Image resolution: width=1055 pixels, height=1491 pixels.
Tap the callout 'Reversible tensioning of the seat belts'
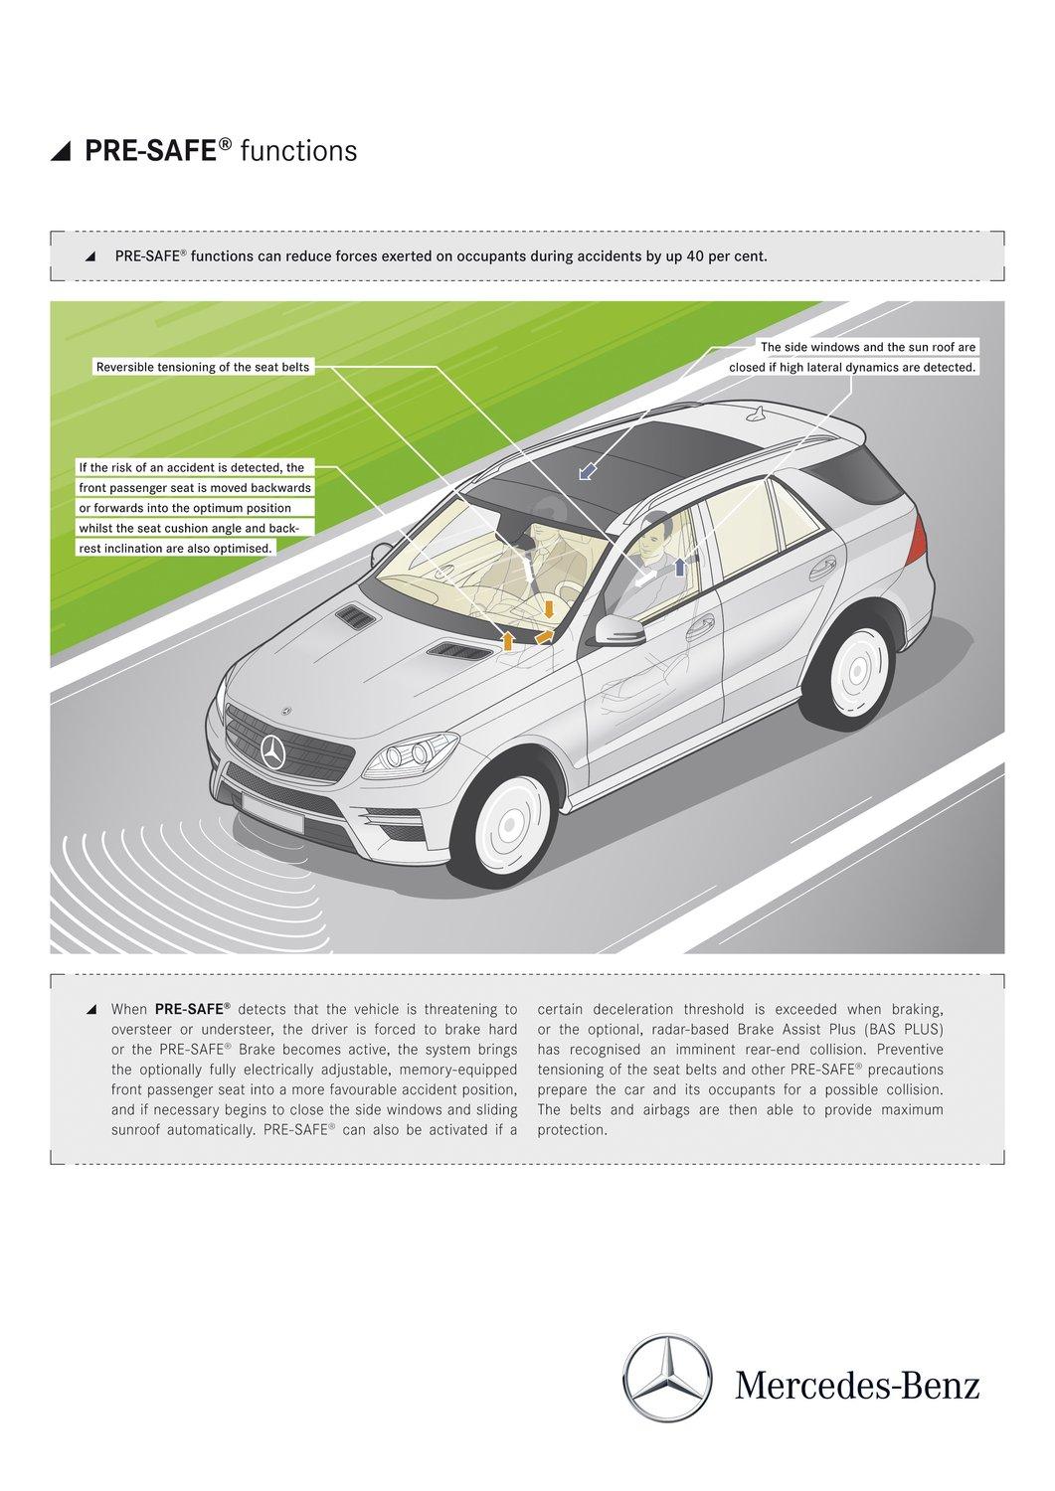[x=203, y=367]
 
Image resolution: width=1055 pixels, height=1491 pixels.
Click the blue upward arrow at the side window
[x=680, y=567]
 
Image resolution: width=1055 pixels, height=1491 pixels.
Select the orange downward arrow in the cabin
[x=548, y=608]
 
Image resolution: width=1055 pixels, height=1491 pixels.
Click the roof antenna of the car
[x=760, y=412]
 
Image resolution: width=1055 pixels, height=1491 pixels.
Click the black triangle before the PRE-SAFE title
[x=62, y=151]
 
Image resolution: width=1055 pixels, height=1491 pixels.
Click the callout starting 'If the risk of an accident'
[x=195, y=507]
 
